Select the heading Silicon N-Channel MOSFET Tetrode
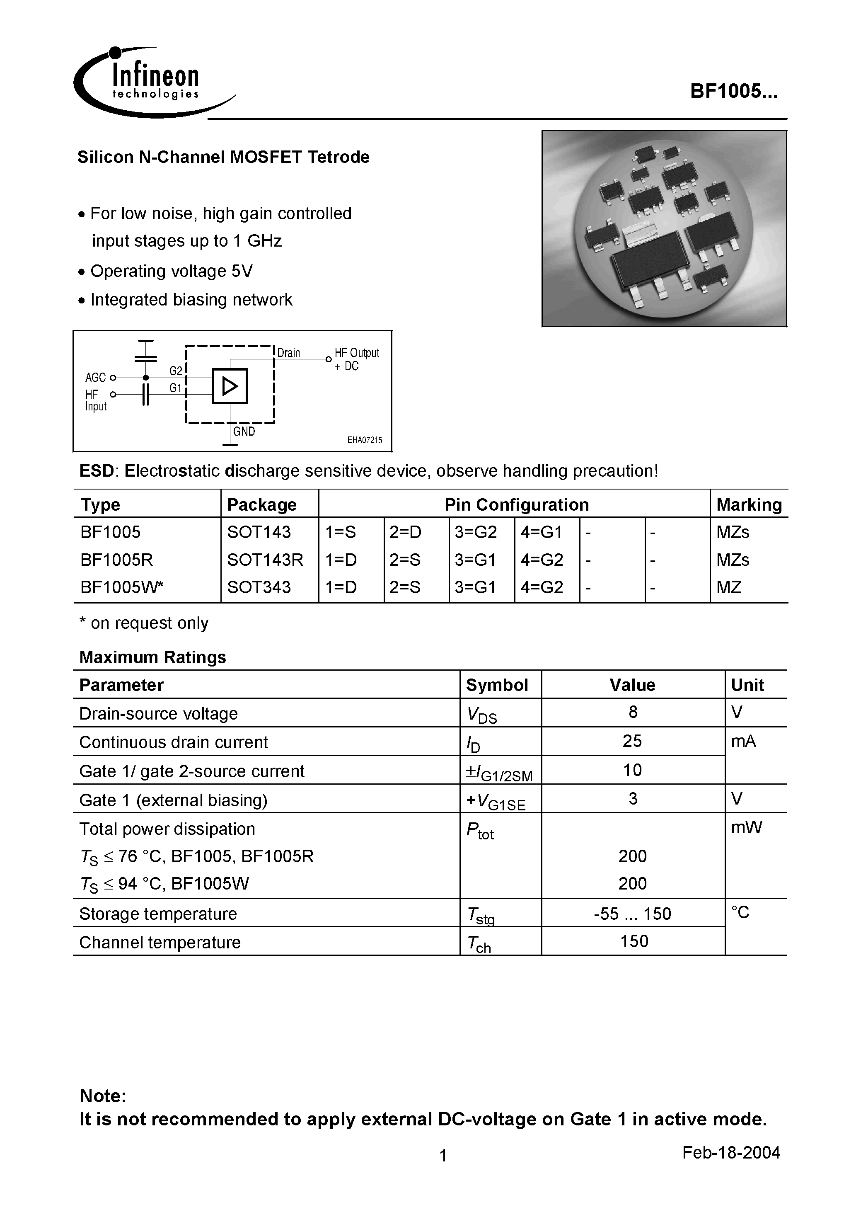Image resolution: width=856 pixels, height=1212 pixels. pyautogui.click(x=223, y=158)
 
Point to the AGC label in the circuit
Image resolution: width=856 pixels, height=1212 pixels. pyautogui.click(x=96, y=378)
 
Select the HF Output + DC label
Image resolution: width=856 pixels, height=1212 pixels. pyautogui.click(x=356, y=359)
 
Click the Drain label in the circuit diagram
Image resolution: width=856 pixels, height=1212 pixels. pyautogui.click(x=289, y=353)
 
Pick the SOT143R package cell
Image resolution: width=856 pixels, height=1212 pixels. pyautogui.click(x=265, y=560)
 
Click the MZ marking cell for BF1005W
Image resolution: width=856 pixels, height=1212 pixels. pyautogui.click(x=729, y=587)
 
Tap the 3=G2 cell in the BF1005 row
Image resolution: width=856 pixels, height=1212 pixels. pyautogui.click(x=476, y=532)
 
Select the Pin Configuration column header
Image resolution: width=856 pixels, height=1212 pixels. pyautogui.click(x=516, y=504)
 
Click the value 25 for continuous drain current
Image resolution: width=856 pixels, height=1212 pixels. pyautogui.click(x=632, y=741)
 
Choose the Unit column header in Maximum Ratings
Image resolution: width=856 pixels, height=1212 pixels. pyautogui.click(x=747, y=685)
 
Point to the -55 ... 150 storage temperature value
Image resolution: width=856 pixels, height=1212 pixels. pyautogui.click(x=632, y=914)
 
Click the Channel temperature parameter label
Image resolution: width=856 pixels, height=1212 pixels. pyautogui.click(x=160, y=942)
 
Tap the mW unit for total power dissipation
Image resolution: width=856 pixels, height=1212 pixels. pyautogui.click(x=746, y=827)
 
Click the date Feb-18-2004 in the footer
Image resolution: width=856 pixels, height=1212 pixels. pyautogui.click(x=730, y=1152)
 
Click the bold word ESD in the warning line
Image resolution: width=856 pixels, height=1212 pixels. pyautogui.click(x=97, y=471)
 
